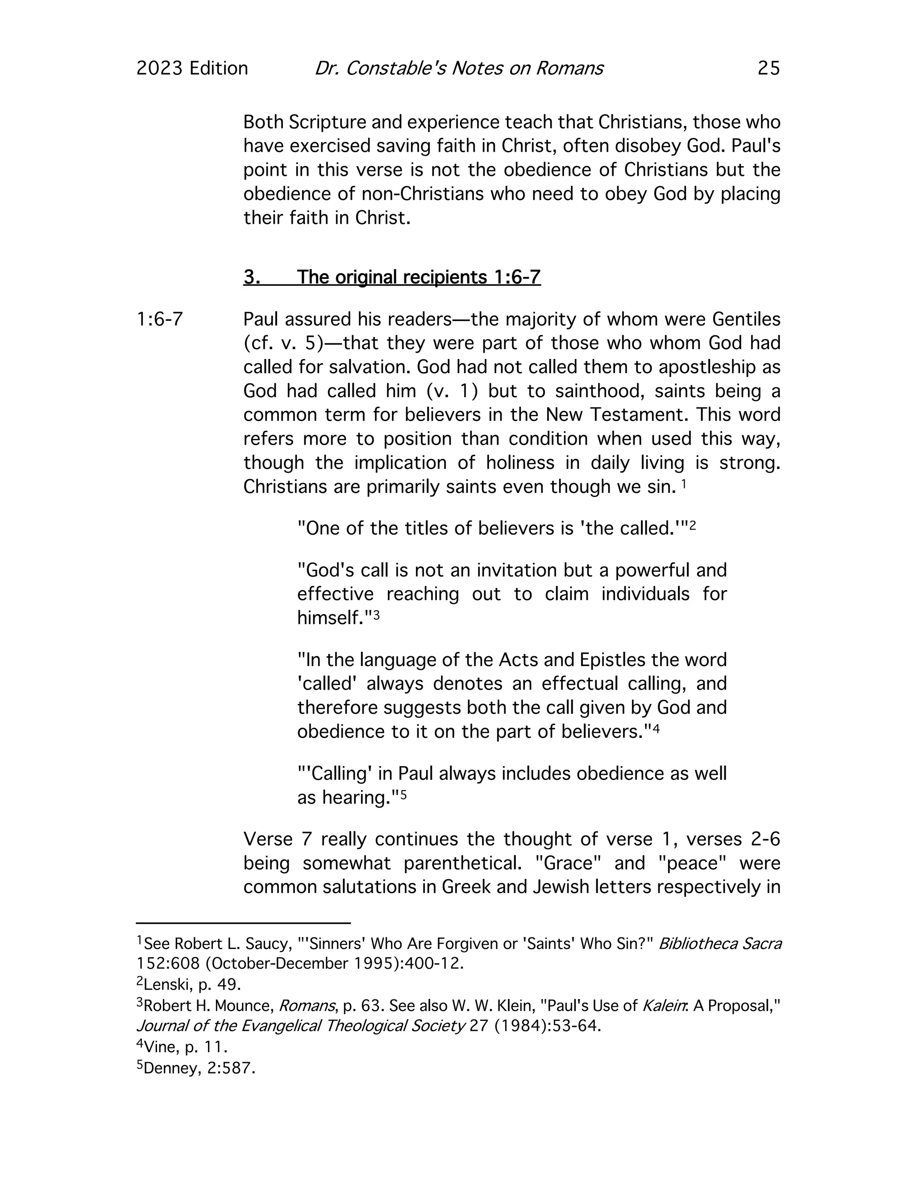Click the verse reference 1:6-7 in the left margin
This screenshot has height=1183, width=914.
point(160,320)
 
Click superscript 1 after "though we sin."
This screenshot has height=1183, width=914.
point(684,483)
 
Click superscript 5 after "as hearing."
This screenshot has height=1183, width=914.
point(403,794)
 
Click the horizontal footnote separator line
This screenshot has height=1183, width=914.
point(243,922)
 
